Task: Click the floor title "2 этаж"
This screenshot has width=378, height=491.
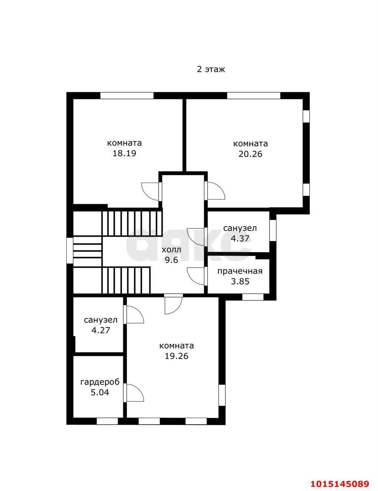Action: click(x=211, y=69)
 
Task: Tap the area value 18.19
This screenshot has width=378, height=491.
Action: click(x=124, y=153)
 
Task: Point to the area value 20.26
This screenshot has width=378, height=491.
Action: click(x=250, y=154)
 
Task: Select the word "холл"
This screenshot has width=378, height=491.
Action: click(x=171, y=250)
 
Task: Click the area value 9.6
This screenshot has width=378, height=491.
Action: click(x=171, y=260)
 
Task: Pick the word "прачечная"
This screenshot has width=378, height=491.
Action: click(x=240, y=271)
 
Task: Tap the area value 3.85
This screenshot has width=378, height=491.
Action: click(x=240, y=281)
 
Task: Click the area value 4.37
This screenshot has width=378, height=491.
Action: click(x=240, y=238)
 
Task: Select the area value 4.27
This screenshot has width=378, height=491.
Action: click(x=100, y=330)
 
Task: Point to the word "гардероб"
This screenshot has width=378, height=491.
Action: click(x=100, y=382)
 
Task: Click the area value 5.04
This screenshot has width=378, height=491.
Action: click(x=100, y=392)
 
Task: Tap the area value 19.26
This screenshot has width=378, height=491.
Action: click(x=177, y=356)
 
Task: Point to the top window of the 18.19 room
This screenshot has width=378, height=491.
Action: click(x=127, y=96)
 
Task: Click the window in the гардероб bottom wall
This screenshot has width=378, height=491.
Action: click(x=107, y=421)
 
